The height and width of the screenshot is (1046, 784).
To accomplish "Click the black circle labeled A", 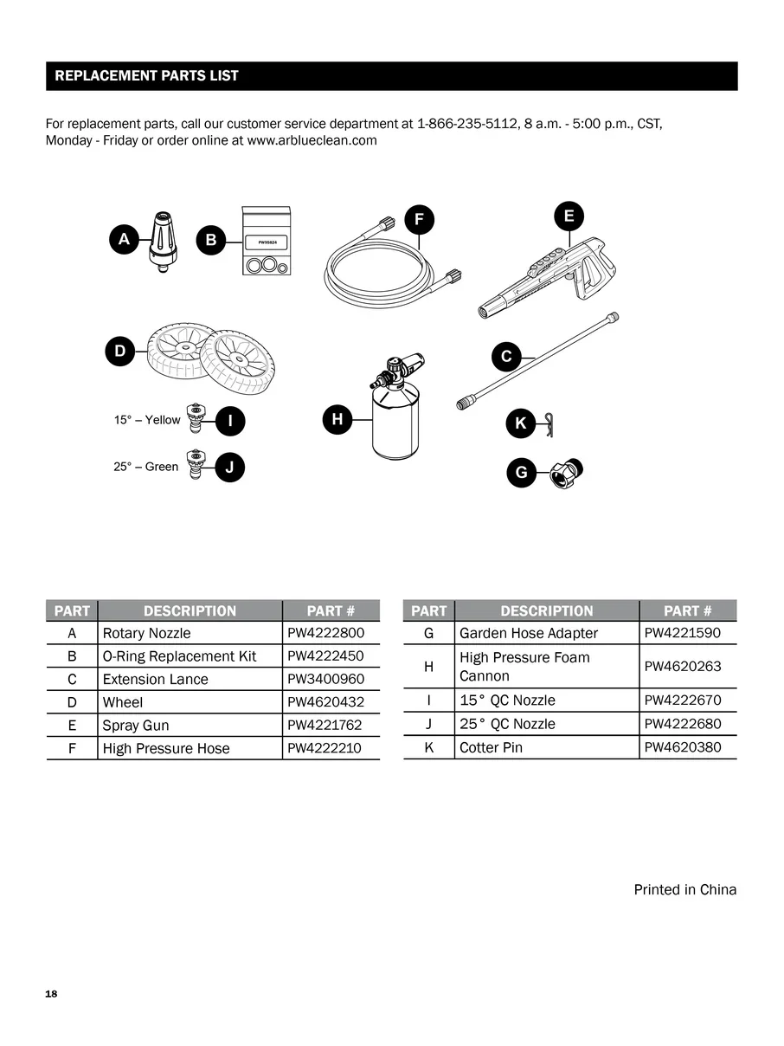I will (125, 239).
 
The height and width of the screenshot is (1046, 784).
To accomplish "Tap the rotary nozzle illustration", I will (164, 238).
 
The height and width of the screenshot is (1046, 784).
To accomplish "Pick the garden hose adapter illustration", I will (566, 472).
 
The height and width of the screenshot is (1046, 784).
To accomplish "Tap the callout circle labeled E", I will (569, 216).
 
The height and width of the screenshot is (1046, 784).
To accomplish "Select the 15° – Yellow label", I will (147, 420).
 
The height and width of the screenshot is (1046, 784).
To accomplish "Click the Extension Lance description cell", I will (156, 680).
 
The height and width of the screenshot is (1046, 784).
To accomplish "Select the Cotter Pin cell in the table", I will (492, 747).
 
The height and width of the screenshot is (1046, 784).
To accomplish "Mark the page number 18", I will (51, 993).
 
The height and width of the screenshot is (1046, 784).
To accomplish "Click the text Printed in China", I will (684, 889).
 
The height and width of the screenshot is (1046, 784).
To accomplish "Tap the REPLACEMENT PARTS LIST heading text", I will (146, 76).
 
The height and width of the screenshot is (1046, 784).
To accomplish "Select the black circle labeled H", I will (337, 420).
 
